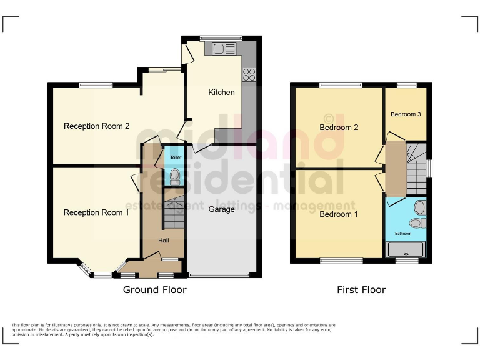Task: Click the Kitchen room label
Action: click(221, 92)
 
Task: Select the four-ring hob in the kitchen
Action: click(249, 74)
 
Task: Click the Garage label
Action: click(222, 209)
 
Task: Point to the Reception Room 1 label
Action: click(96, 212)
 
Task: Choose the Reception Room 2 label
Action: click(96, 126)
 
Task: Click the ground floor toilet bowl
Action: click(175, 175)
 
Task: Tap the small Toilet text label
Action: click(176, 158)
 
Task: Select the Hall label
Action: click(163, 241)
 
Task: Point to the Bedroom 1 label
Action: click(339, 215)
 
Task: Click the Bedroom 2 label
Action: click(339, 127)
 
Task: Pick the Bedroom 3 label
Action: click(406, 114)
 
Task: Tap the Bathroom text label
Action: click(402, 234)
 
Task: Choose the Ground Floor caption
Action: click(154, 290)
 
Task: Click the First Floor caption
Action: click(361, 290)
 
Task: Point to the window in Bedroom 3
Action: click(407, 84)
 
